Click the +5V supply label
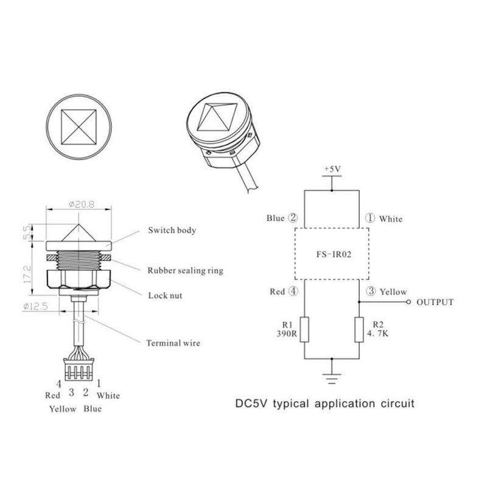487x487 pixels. (x=332, y=168)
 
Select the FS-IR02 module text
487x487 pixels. (x=332, y=253)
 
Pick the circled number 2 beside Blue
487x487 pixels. (x=292, y=217)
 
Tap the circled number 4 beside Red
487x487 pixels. (x=293, y=292)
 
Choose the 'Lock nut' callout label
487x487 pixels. (x=165, y=296)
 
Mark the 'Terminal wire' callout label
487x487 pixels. (x=173, y=343)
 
